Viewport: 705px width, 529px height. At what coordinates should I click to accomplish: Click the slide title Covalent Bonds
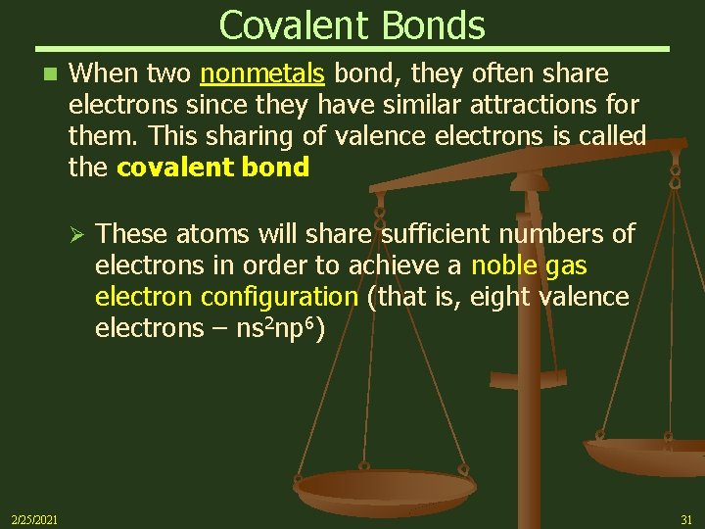tap(352, 24)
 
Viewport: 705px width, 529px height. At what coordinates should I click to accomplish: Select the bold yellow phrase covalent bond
tap(212, 168)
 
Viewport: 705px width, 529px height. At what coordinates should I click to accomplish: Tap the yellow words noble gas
tap(530, 265)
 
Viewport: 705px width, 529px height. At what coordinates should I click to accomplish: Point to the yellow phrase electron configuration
tap(226, 297)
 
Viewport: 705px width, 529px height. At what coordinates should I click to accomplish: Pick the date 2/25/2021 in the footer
tap(33, 518)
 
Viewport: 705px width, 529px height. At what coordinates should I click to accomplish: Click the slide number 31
tap(685, 518)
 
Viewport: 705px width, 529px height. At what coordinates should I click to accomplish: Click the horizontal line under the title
tap(352, 48)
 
